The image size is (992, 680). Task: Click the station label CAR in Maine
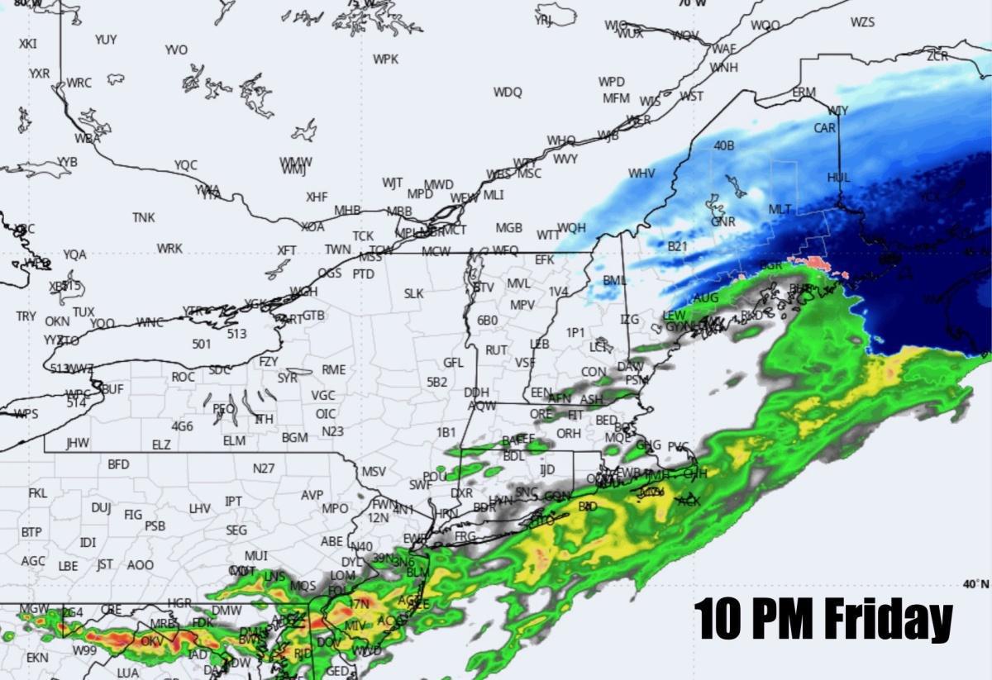pos(824,128)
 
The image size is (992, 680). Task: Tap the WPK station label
pos(385,59)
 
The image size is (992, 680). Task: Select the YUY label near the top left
pos(106,39)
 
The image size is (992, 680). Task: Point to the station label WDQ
pos(508,92)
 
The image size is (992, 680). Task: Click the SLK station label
pos(413,293)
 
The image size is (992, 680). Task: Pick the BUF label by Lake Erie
pos(112,388)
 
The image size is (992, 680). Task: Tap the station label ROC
pos(183,377)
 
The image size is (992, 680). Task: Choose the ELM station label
pos(234,440)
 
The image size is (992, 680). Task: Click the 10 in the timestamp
pos(717,617)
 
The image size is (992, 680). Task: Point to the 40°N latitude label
pos(975,584)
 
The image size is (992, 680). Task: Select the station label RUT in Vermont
pos(496,350)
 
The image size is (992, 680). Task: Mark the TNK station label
pos(143,217)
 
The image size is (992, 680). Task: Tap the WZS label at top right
pos(862,22)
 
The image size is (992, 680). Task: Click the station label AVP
pos(312,495)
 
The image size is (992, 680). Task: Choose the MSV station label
pos(374,472)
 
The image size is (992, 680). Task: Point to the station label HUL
pos(838,178)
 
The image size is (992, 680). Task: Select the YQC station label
pos(186,165)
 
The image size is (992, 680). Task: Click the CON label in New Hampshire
pos(593,372)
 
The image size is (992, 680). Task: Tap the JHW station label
pos(78,443)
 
